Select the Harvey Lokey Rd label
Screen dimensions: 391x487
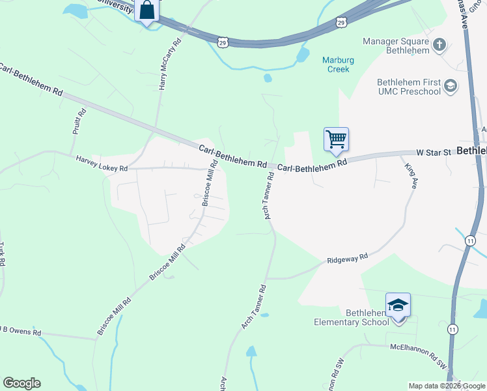(x=102, y=163)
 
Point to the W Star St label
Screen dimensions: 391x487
(x=434, y=152)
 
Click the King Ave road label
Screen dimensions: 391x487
(x=410, y=176)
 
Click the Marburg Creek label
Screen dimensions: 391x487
(x=339, y=65)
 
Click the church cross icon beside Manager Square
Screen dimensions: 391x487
(x=439, y=45)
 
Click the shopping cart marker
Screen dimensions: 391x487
(x=336, y=139)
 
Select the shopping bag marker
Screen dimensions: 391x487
(x=147, y=10)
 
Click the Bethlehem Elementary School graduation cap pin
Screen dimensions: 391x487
(x=398, y=305)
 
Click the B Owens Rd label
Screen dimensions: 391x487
(x=20, y=331)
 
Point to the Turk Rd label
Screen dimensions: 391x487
(x=3, y=254)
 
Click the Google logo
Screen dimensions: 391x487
(x=21, y=383)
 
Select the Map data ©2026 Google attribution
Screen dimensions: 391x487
(x=446, y=386)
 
